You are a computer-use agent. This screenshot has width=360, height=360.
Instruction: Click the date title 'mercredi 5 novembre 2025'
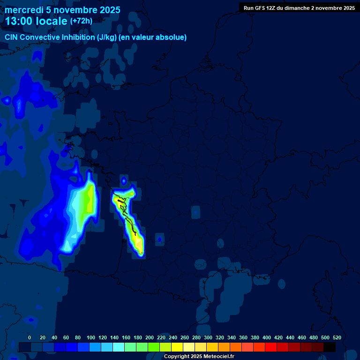coord(62,10)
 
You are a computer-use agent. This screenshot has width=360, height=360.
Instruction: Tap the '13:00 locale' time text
coord(36,21)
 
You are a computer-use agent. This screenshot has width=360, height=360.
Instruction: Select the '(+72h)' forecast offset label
coord(81,21)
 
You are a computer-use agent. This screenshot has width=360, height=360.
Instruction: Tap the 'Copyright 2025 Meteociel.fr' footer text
coord(199,356)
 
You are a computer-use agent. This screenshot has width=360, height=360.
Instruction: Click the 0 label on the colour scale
coord(30,337)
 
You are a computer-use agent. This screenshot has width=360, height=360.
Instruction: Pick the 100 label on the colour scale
coord(91,337)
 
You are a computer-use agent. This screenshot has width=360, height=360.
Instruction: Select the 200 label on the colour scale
coord(150,337)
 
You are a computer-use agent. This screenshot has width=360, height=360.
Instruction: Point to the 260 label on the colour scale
coord(185,337)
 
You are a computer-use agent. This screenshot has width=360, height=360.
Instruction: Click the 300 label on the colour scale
coord(208,337)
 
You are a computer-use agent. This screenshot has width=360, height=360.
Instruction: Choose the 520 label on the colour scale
coord(337,337)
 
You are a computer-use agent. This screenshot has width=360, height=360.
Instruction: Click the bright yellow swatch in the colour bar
coord(177,347)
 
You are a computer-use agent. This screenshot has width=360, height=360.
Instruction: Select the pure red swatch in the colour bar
coord(270,347)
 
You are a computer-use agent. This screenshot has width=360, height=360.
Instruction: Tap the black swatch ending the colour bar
coord(330,347)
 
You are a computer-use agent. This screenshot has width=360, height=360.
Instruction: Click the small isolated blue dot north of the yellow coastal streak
coord(124,180)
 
